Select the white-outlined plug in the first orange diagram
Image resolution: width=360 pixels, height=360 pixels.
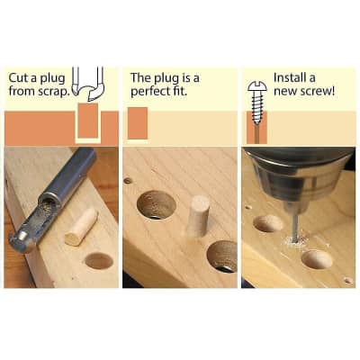(87, 121)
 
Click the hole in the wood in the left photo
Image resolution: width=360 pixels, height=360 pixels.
(98, 261)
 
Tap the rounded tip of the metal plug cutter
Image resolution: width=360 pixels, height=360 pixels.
(20, 238)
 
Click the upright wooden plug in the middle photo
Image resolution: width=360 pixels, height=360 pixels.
(198, 216)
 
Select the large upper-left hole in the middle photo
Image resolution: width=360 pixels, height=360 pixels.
(156, 205)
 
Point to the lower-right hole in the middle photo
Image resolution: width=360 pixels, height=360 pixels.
(222, 256)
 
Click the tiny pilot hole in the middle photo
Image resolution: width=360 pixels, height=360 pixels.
(128, 180)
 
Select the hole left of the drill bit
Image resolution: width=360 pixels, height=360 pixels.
(267, 223)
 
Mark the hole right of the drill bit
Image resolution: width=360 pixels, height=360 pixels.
(316, 259)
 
